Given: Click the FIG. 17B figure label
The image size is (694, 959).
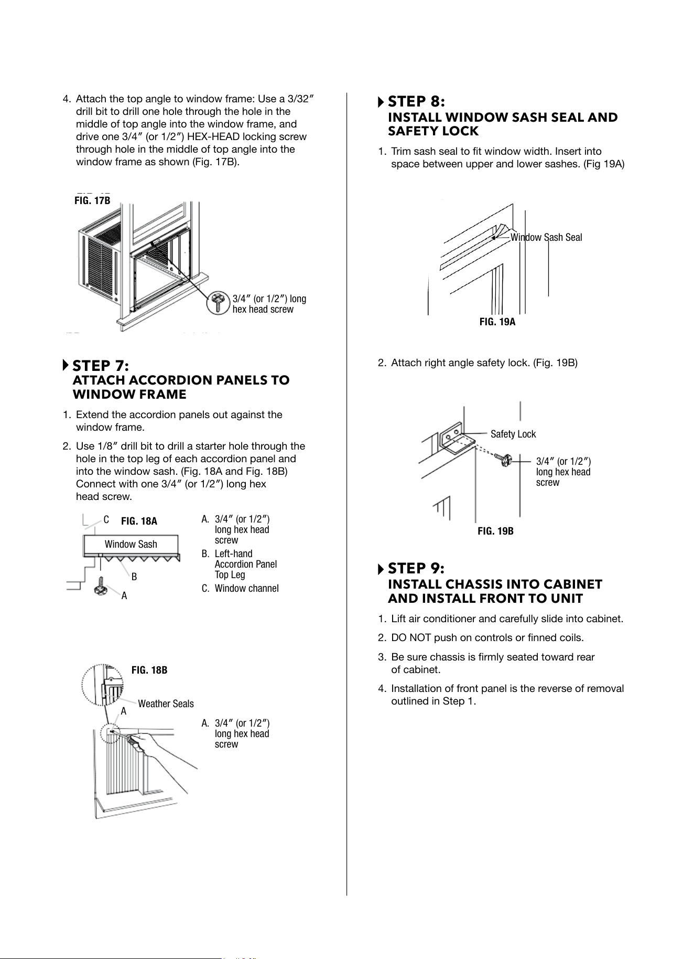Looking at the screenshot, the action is point(92,200).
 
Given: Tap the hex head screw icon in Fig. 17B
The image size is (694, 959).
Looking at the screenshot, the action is point(217,303).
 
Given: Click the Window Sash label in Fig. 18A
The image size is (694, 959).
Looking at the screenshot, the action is point(131,544).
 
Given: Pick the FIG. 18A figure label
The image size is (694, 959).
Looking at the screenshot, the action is point(139,521).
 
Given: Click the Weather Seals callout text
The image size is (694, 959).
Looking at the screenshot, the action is point(166,704).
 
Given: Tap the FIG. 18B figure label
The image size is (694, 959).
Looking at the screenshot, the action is point(149,670).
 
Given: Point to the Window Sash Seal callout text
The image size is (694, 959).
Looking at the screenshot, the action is point(546,237).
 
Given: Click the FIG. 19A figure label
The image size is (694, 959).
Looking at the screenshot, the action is point(497,322).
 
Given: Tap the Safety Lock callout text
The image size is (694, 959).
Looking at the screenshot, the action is point(513,434).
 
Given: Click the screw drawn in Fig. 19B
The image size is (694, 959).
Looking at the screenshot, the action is point(504,459).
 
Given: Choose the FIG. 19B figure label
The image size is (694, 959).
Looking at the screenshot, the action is point(495,531).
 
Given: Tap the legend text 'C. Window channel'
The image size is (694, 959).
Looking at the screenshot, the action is point(240,588).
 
